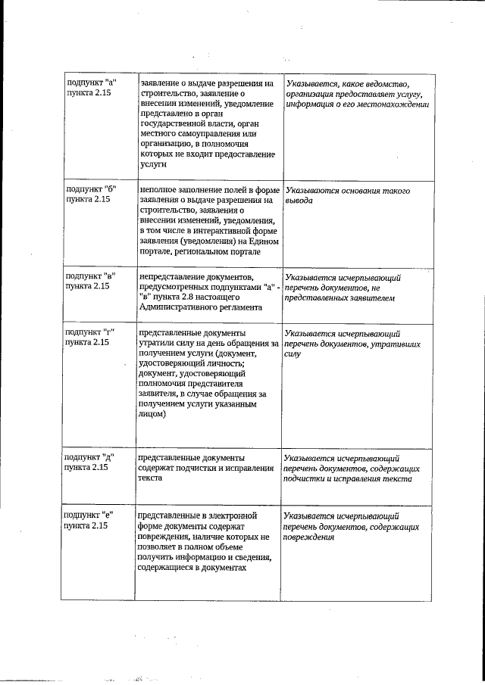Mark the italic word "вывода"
[x=299, y=201]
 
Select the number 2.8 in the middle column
[x=202, y=297]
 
